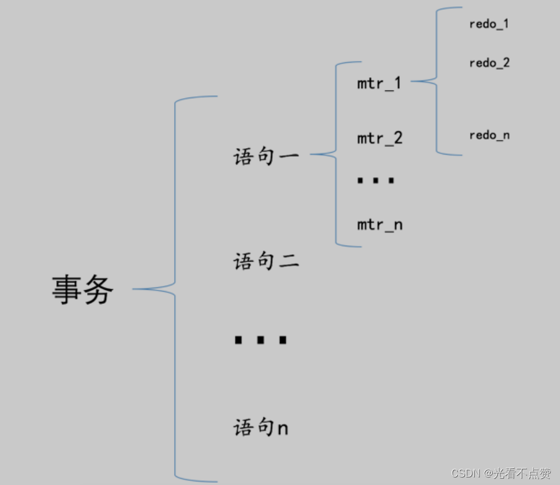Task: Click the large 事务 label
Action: [x=82, y=289]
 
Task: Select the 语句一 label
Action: [x=266, y=156]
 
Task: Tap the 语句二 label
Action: [x=266, y=261]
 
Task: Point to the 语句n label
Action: [x=261, y=428]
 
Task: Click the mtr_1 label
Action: [x=379, y=83]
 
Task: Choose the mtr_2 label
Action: [x=380, y=138]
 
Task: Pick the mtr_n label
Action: [x=380, y=224]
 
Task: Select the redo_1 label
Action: [x=489, y=24]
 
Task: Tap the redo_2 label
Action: [x=489, y=63]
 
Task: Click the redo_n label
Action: [x=489, y=135]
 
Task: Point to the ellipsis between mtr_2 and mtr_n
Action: [x=376, y=181]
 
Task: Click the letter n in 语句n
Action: [x=282, y=429]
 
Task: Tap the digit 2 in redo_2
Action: [x=505, y=63]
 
